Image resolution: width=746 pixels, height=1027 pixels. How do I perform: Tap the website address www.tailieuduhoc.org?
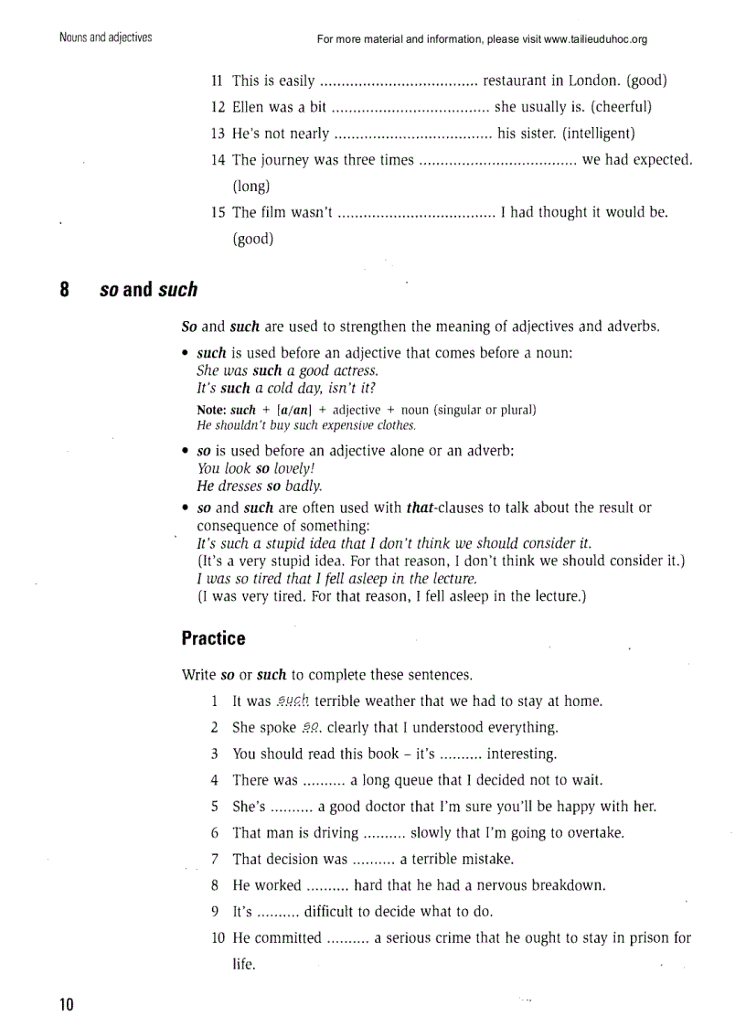(595, 39)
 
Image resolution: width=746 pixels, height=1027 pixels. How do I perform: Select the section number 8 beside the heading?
(65, 290)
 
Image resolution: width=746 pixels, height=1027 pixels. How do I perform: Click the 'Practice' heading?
(213, 637)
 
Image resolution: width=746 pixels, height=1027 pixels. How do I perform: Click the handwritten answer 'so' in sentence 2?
(312, 728)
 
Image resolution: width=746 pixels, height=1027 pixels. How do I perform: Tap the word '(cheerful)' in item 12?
(621, 107)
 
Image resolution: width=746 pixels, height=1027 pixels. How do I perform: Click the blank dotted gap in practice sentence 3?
(461, 754)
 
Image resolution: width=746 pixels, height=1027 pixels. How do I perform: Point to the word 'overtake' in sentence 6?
(596, 833)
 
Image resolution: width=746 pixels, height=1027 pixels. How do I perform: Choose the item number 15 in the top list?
(218, 213)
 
